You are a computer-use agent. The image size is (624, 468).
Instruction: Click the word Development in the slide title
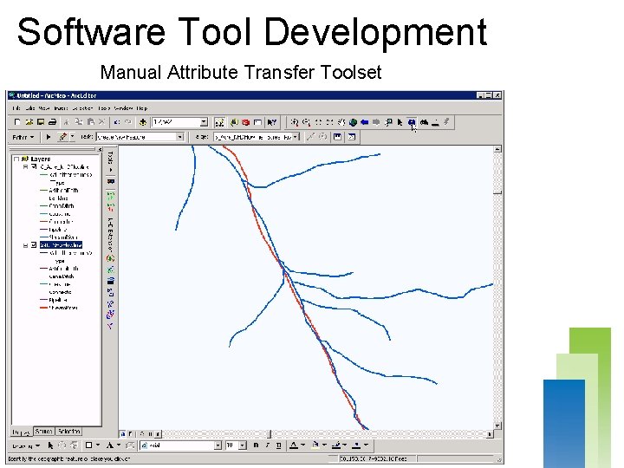(375, 32)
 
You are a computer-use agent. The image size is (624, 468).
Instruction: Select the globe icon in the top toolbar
(342, 123)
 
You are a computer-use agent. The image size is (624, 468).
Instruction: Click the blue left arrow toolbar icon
(365, 123)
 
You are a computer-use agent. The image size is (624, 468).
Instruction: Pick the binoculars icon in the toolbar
(422, 122)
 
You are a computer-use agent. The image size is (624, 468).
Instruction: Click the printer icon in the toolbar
(53, 123)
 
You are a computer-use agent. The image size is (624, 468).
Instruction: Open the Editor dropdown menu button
(23, 137)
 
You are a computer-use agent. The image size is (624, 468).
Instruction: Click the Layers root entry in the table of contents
(41, 159)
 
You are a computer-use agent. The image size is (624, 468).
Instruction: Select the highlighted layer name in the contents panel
(61, 245)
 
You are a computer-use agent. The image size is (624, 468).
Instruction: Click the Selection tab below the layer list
(70, 431)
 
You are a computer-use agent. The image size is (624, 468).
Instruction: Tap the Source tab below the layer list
(43, 431)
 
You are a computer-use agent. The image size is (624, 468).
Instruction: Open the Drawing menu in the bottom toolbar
(21, 445)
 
